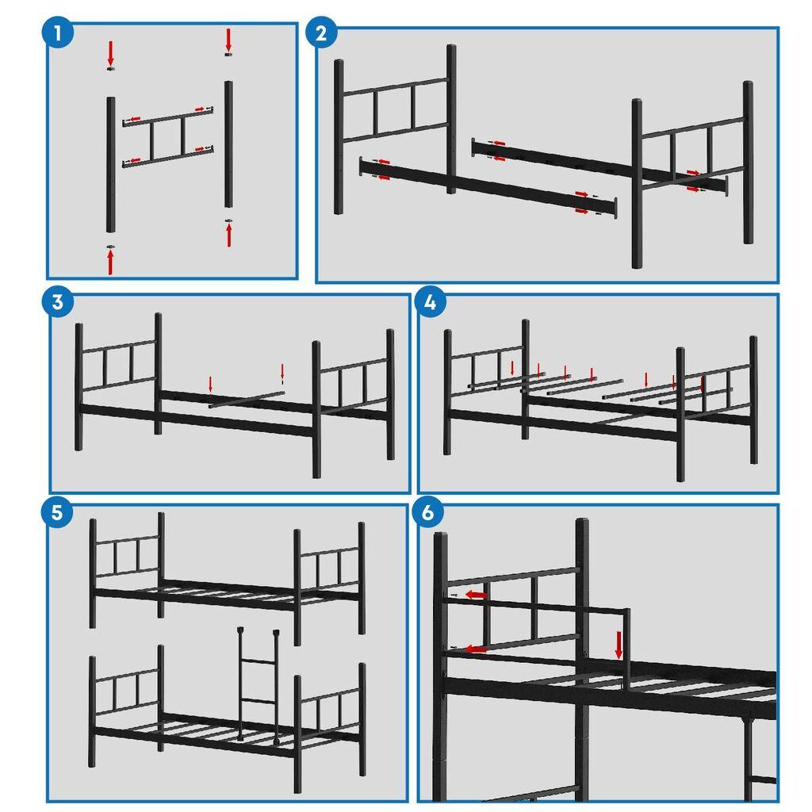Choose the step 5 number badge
(x=57, y=511)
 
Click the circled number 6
(x=428, y=511)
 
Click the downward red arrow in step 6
(x=619, y=644)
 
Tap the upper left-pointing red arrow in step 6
(x=476, y=594)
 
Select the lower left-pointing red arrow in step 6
(x=475, y=649)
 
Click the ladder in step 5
(x=258, y=682)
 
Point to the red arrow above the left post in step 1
(x=110, y=53)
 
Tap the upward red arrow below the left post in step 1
(x=110, y=261)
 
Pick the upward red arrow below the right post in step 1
(x=229, y=235)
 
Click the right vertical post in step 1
(x=228, y=143)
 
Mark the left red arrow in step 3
(x=210, y=385)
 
